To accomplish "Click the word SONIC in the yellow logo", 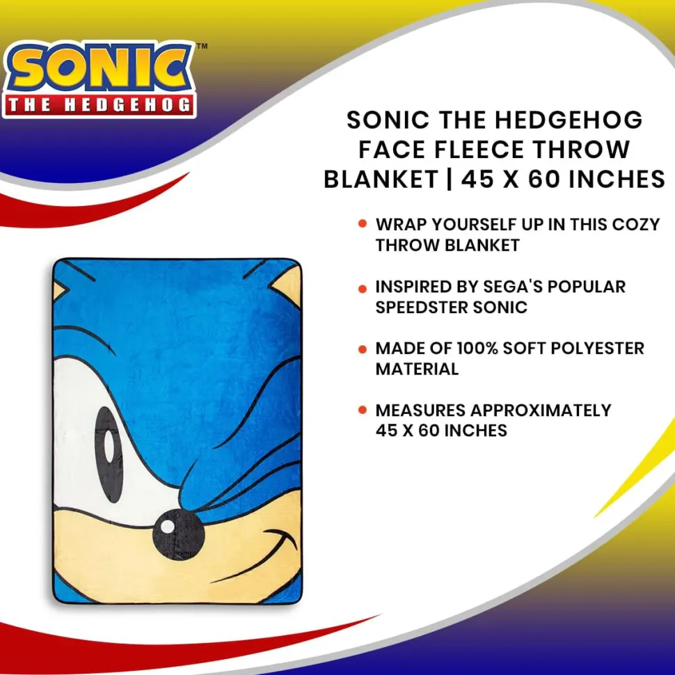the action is (x=100, y=67).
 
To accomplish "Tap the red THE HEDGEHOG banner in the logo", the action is (x=100, y=104).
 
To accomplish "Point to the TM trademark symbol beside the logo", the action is (x=202, y=46).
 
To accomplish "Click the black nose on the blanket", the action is (x=178, y=534).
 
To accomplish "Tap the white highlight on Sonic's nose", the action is (x=167, y=526).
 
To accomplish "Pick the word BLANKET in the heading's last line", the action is (x=381, y=179).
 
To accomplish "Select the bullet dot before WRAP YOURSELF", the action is (x=363, y=224).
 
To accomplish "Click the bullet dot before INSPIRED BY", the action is (x=363, y=288).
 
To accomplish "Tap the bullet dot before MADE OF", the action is (x=363, y=349).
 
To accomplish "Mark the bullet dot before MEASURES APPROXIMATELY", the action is (x=363, y=410).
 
